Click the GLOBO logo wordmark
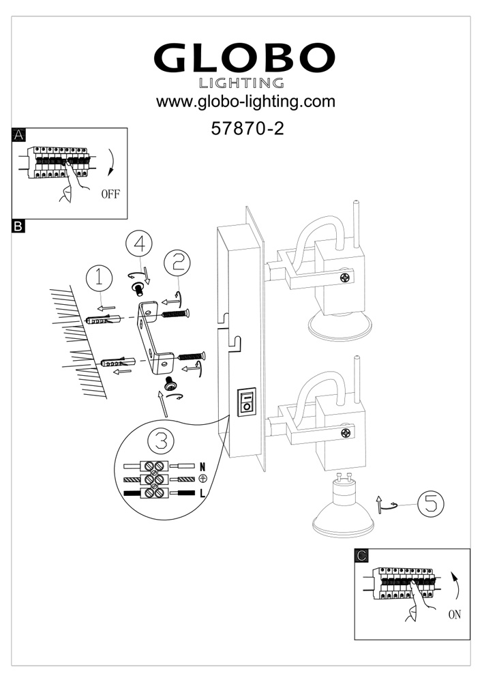click(x=245, y=60)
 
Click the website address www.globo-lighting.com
click(x=245, y=103)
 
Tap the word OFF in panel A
click(x=110, y=194)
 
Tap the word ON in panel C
click(x=454, y=614)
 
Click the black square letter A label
click(x=18, y=134)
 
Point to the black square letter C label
click(x=362, y=555)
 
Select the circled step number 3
click(x=161, y=441)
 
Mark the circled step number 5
click(x=430, y=505)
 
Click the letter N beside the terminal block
click(x=202, y=466)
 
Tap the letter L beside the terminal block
click(x=202, y=492)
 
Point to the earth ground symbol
click(x=202, y=479)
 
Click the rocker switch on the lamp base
click(x=246, y=402)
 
